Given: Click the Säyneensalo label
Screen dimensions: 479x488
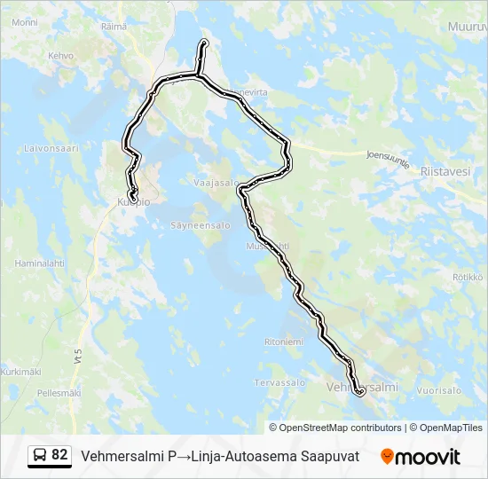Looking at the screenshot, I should (201, 225).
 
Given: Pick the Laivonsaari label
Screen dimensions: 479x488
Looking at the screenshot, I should (51, 148).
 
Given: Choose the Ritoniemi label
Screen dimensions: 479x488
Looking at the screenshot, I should (284, 342).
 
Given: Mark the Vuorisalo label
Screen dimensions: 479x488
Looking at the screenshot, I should (439, 389).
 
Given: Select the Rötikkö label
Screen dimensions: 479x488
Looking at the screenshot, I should (467, 277).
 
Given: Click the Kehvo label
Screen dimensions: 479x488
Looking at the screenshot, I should (61, 56).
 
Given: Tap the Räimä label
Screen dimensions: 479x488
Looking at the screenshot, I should (114, 27).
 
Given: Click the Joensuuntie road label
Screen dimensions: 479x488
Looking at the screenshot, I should (388, 157).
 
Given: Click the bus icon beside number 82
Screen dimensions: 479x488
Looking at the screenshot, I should (40, 456).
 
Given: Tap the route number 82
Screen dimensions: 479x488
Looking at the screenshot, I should (59, 455).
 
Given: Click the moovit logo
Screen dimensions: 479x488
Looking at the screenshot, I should (421, 457).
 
